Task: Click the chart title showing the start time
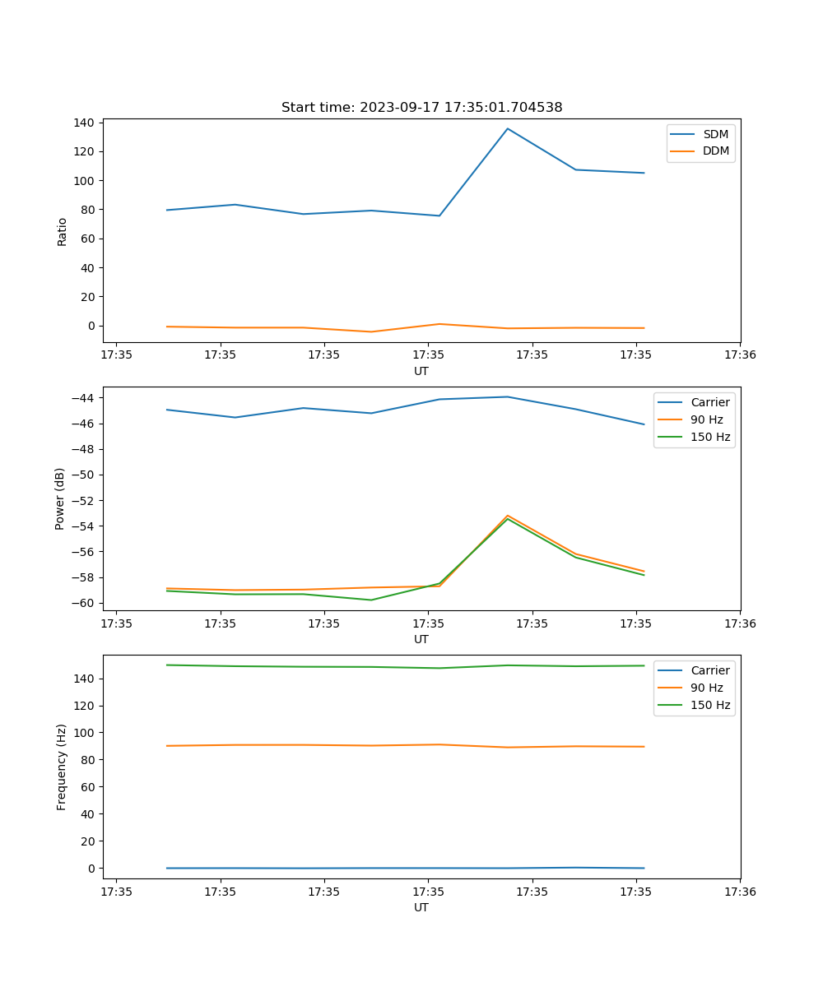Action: point(421,108)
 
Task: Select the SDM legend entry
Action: point(715,134)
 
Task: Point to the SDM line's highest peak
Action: point(508,128)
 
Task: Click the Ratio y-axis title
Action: point(63,231)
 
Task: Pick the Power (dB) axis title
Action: point(60,498)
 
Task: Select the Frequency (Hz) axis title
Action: point(62,767)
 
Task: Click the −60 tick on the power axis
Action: point(83,603)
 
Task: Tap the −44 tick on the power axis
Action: point(83,398)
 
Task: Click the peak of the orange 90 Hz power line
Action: point(508,516)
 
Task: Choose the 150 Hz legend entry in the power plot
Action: point(710,437)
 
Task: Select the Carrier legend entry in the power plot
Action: point(709,402)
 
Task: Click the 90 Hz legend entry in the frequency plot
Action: point(706,688)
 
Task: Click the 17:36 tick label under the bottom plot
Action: point(740,892)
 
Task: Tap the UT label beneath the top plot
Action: point(421,371)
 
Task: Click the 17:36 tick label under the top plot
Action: point(740,355)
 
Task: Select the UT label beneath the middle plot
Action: point(421,639)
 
